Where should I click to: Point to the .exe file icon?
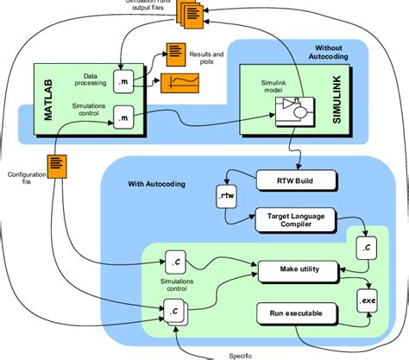[368, 301]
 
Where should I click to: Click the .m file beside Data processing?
[123, 79]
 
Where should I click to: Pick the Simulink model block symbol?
[288, 108]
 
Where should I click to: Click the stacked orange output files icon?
[191, 12]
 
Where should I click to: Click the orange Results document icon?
[176, 53]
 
